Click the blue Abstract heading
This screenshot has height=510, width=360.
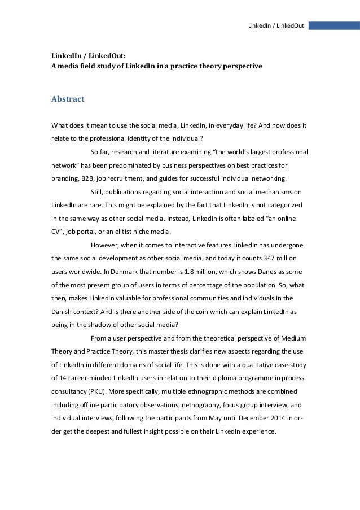[x=68, y=99]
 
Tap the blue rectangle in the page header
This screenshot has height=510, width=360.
[x=334, y=26]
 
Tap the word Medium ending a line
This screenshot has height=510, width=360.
[x=292, y=338]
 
